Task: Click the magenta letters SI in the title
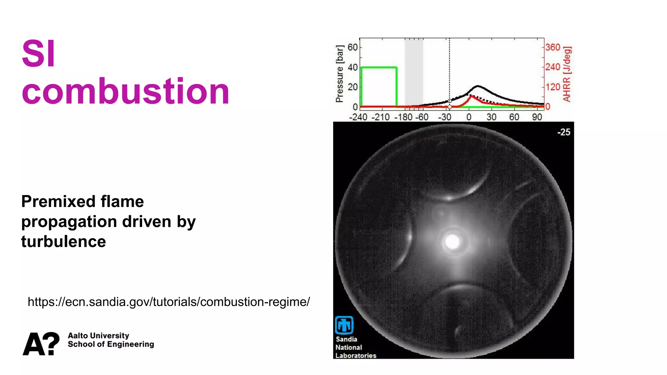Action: click(x=38, y=53)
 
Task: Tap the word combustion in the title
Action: click(x=125, y=92)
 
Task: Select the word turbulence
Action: click(x=64, y=242)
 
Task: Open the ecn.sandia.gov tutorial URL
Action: click(x=169, y=302)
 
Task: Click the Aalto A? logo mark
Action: click(x=41, y=344)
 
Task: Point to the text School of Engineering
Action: click(x=111, y=344)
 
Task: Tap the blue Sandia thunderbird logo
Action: click(x=344, y=325)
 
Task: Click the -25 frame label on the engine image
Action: click(x=564, y=132)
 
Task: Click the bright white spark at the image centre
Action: click(x=452, y=242)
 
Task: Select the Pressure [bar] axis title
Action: click(x=339, y=74)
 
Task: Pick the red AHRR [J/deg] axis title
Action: click(x=567, y=74)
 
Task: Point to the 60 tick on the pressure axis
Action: click(x=352, y=48)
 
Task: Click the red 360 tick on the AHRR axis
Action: click(x=553, y=48)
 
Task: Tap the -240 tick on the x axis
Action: click(x=358, y=117)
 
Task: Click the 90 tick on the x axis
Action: click(x=537, y=117)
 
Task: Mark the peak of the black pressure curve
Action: click(x=478, y=86)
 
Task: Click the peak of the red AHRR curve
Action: click(x=471, y=96)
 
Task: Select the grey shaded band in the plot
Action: click(x=414, y=72)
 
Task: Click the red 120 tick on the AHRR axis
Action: click(x=553, y=87)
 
